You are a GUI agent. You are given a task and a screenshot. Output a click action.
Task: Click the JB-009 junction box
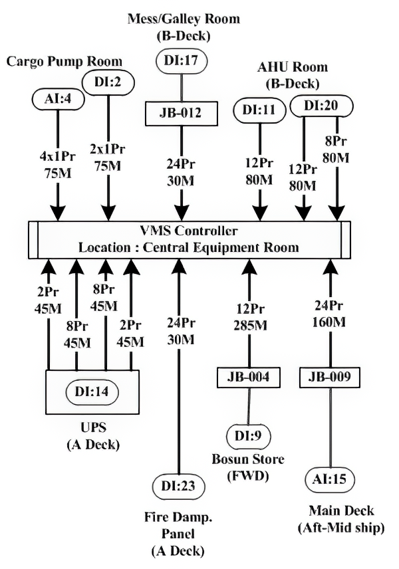click(x=330, y=378)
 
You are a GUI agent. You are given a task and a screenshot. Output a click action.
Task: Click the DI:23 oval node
click(x=180, y=485)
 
